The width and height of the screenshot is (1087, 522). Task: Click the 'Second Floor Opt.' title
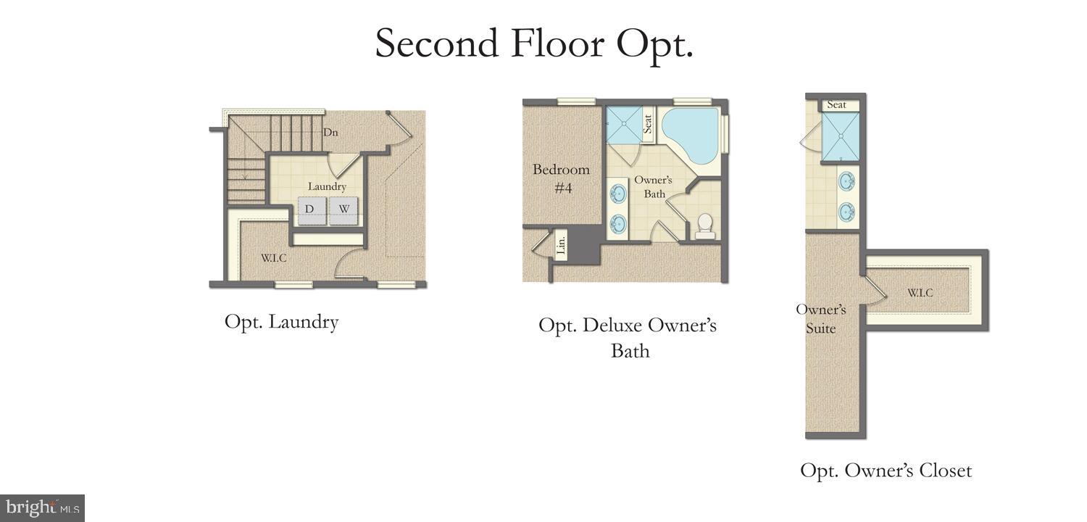(x=534, y=43)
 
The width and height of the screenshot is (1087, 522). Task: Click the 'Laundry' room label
(x=327, y=186)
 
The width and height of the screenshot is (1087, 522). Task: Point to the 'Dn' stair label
(x=330, y=133)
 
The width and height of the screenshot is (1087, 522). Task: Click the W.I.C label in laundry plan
(x=274, y=258)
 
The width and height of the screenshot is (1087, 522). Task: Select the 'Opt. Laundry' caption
(x=281, y=322)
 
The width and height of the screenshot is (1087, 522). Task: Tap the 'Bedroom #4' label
(x=561, y=178)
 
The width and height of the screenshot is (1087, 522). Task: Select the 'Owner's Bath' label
(x=654, y=186)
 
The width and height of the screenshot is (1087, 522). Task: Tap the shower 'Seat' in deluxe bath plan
(x=648, y=125)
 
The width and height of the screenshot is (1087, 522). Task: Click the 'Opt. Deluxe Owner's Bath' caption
(x=628, y=338)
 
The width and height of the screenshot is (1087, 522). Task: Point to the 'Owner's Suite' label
(x=821, y=318)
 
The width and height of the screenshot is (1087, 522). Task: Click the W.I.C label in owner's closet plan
(x=920, y=293)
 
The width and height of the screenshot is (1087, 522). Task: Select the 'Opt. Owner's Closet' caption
(x=886, y=471)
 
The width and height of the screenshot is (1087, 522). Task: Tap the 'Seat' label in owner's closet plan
(x=836, y=105)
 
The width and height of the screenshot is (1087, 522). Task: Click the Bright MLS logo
(x=42, y=507)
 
